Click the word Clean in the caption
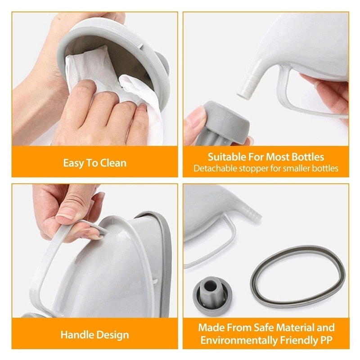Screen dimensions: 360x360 click(112, 162)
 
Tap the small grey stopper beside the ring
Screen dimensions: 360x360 click(211, 292)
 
